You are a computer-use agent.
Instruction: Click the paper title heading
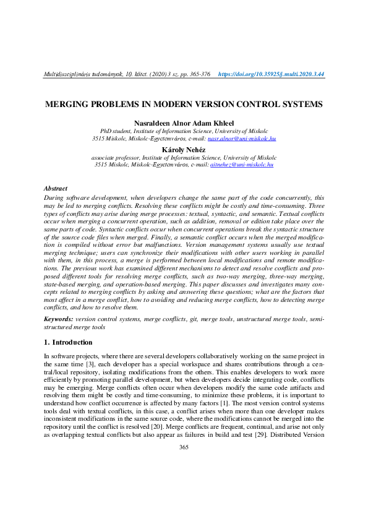(x=184, y=105)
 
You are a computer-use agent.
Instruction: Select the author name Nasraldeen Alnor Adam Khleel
(x=184, y=124)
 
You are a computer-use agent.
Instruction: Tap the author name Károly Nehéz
(x=184, y=150)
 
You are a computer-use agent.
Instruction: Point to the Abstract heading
(x=56, y=188)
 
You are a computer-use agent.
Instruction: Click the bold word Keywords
(x=58, y=319)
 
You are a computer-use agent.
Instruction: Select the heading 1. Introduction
(x=68, y=342)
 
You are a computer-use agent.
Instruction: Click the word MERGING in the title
(x=66, y=105)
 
